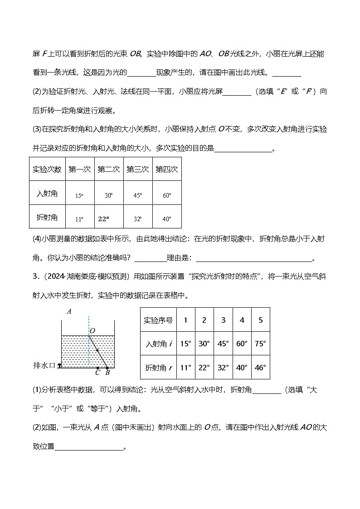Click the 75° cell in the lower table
(x=260, y=344)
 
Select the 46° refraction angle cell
(x=260, y=368)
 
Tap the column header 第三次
(x=137, y=169)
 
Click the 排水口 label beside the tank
(x=44, y=365)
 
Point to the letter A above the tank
(x=69, y=311)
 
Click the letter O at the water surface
(x=92, y=331)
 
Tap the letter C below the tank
(x=97, y=373)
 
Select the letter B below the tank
(x=107, y=373)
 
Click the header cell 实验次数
(x=47, y=169)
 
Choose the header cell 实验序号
(x=158, y=320)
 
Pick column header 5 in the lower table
(x=260, y=320)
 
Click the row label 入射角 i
(x=158, y=344)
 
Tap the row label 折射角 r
(x=158, y=368)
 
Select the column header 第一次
(x=80, y=169)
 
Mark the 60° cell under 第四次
(x=167, y=195)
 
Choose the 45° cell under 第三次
(x=137, y=195)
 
